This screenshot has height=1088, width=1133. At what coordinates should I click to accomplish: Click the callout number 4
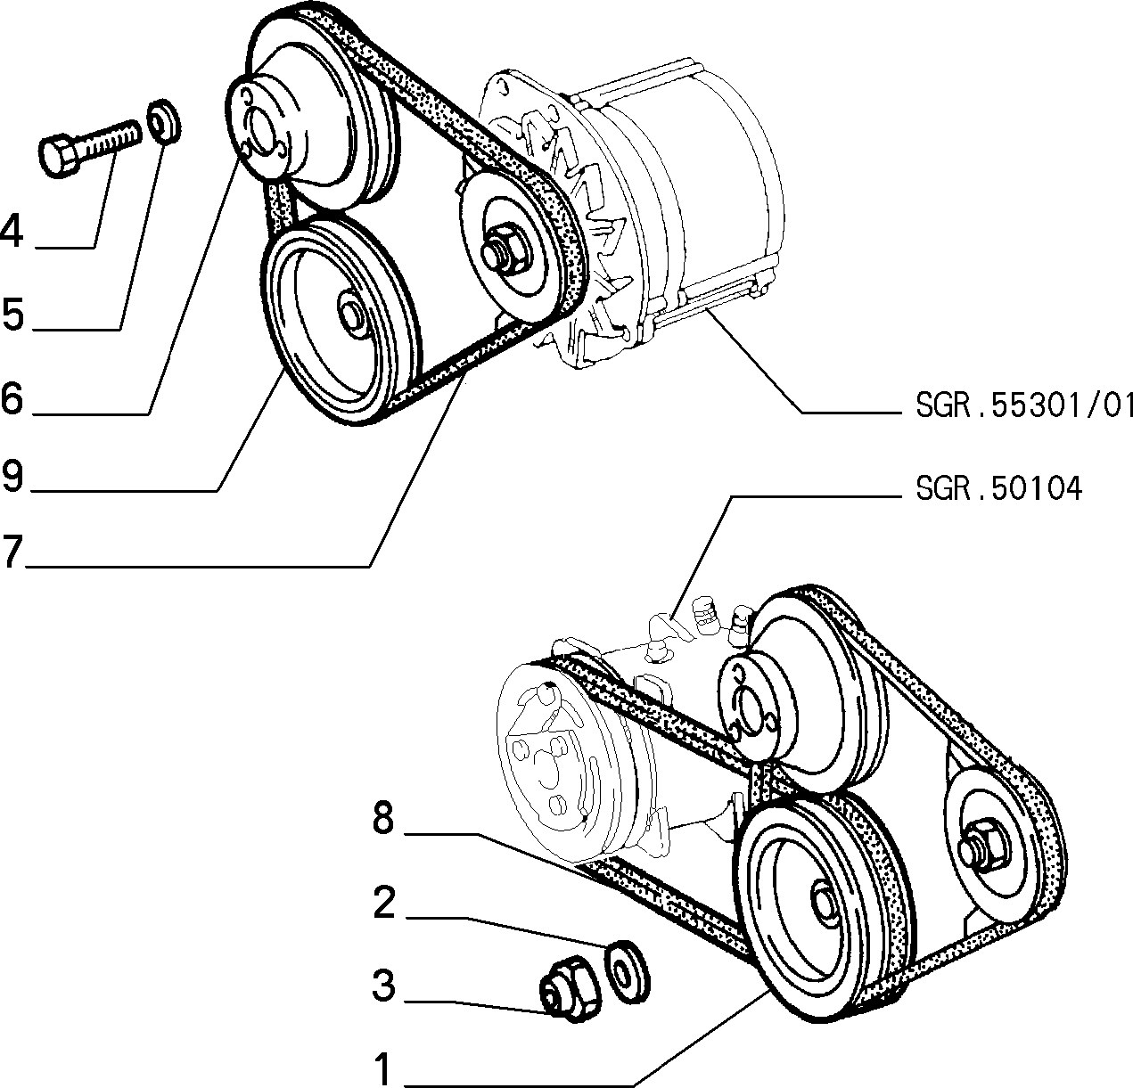pos(12,231)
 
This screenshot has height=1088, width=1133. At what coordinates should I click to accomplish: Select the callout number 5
pos(12,314)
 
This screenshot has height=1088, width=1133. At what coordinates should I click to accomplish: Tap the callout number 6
pos(12,398)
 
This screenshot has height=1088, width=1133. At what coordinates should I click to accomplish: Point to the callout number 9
pos(12,475)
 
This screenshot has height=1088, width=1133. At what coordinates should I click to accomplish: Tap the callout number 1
pos(382,1068)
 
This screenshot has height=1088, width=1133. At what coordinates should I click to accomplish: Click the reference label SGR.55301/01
pos(1024,405)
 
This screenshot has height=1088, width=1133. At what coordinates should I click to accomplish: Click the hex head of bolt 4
pos(58,155)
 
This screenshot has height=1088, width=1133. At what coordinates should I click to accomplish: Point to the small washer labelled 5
pos(165,120)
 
